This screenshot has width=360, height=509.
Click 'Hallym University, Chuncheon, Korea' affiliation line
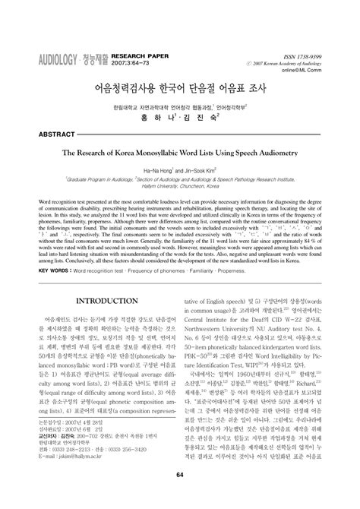pyautogui.click(x=180, y=191)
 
